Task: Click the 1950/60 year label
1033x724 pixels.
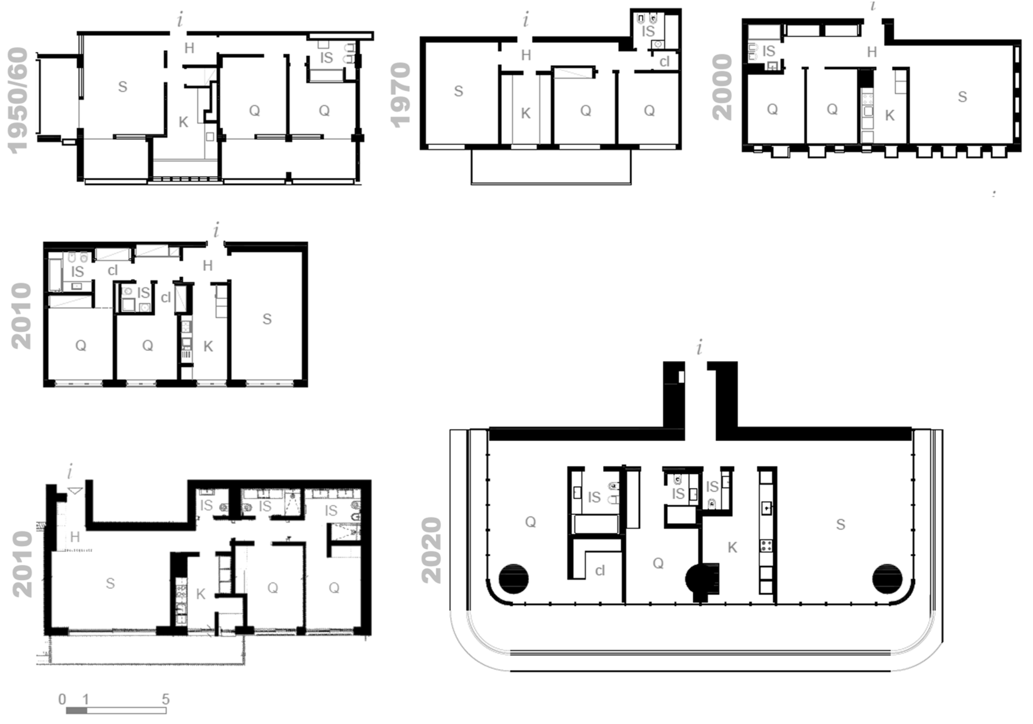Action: click(18, 101)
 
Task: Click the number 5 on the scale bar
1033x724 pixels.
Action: click(166, 699)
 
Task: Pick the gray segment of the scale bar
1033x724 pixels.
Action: click(76, 711)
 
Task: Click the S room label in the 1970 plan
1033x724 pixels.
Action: click(459, 91)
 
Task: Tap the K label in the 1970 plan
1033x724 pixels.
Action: click(526, 113)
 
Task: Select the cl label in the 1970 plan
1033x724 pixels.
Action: click(664, 62)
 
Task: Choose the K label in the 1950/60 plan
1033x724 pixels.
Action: click(183, 122)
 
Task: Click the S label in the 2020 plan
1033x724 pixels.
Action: click(840, 524)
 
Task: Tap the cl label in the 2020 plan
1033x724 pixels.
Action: click(600, 571)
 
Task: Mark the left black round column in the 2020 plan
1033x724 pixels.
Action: click(513, 579)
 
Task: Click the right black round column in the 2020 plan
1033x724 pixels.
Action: click(887, 579)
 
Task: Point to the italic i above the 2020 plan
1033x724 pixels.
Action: click(699, 348)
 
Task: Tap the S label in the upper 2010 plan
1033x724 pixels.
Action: click(267, 319)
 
